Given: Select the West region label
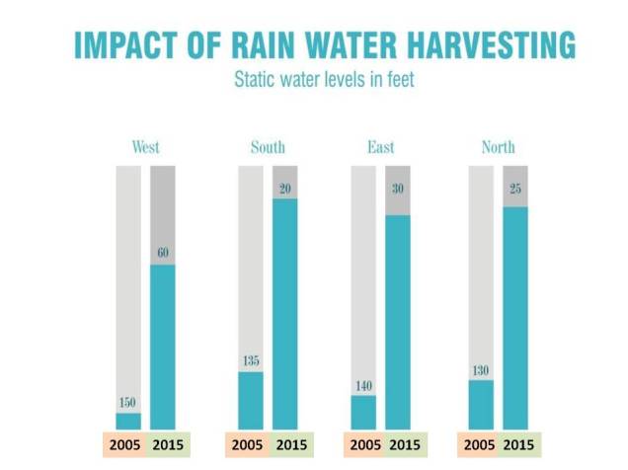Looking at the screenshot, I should [x=146, y=148].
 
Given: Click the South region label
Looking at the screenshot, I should [x=268, y=148].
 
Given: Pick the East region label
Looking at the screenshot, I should [x=380, y=148].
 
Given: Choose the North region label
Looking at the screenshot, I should [x=499, y=148].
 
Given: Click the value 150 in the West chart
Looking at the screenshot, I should [x=128, y=403].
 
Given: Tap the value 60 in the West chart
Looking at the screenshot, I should [x=163, y=253].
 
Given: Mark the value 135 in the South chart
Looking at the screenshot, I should [x=251, y=361].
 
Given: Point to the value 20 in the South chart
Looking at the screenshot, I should [x=284, y=188].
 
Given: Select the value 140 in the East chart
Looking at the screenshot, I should [x=363, y=385].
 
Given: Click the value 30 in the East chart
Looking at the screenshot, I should [x=398, y=204].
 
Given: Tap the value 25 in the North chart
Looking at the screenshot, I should [x=515, y=196].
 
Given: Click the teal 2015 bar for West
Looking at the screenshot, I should [x=163, y=346].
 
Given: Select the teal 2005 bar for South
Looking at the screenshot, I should [x=251, y=399].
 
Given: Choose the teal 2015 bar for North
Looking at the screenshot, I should [x=515, y=316].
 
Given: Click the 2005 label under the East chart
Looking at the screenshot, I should [x=363, y=444].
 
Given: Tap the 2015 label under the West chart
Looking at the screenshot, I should [x=163, y=444].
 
